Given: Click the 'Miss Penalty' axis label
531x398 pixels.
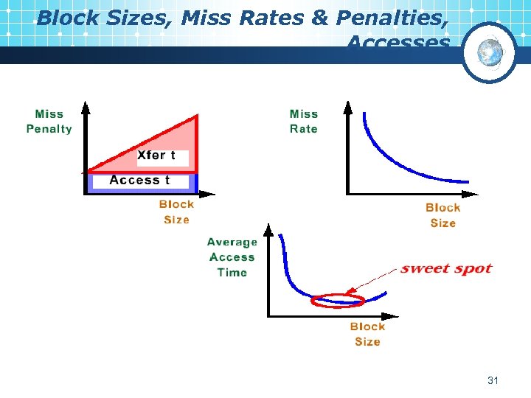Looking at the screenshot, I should [x=49, y=122].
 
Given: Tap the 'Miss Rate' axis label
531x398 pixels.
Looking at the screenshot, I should [x=303, y=122].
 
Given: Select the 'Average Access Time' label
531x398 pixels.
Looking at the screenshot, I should [x=232, y=257].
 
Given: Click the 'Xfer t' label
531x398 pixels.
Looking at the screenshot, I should [x=157, y=155].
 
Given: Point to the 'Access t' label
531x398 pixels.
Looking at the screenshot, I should [x=139, y=180].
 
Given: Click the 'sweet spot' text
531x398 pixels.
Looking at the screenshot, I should [x=445, y=269].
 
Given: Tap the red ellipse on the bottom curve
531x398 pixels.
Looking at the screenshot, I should [x=338, y=300].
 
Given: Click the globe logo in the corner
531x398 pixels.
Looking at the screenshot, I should [x=489, y=52].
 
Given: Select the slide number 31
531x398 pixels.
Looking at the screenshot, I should [x=493, y=380].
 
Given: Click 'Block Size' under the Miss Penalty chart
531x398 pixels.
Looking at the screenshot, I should [x=176, y=212].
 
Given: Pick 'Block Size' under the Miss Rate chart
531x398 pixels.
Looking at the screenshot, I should [x=442, y=215].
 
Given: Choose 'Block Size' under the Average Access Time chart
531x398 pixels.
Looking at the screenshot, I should [x=367, y=334].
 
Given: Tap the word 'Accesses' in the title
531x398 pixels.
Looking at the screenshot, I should [x=398, y=43].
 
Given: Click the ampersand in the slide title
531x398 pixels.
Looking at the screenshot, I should [x=319, y=18].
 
